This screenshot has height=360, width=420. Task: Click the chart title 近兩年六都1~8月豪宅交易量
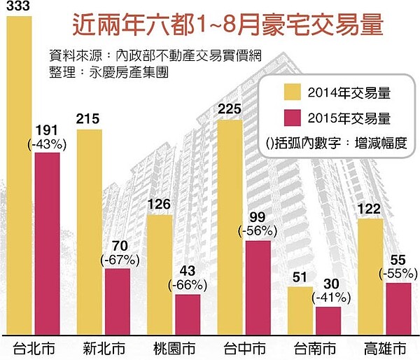click(228, 26)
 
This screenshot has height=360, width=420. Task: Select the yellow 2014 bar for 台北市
click(22, 182)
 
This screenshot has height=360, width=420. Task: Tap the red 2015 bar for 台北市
click(48, 245)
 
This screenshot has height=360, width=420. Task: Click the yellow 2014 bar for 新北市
click(90, 231)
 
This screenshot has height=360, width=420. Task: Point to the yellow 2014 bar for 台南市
click(301, 312)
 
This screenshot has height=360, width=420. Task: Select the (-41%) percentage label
click(328, 296)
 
